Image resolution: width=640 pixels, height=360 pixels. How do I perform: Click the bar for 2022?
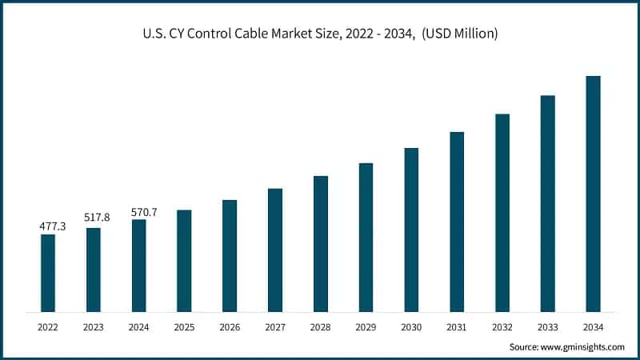[x=48, y=273]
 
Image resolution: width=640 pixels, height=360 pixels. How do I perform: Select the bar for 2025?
[x=184, y=261]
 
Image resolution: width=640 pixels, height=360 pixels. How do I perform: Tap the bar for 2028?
[x=320, y=243]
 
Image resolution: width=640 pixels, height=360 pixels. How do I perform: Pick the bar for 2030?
[x=411, y=230]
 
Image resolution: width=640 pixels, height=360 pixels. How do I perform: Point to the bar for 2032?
[x=502, y=213]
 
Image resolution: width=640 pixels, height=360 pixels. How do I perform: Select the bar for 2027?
[x=275, y=250]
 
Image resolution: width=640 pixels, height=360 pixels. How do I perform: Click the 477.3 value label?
[x=53, y=227]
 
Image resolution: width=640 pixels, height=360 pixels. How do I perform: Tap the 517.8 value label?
[x=96, y=218]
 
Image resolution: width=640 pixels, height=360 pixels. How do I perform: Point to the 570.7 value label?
[x=144, y=212]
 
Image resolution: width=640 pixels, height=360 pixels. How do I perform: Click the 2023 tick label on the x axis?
[x=94, y=327]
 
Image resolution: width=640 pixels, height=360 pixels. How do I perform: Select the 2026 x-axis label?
[x=230, y=327]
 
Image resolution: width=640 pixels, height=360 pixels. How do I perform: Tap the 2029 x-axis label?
[x=366, y=327]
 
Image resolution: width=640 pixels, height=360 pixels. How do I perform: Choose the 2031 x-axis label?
[x=457, y=327]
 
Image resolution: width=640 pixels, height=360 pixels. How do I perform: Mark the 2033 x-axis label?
[x=547, y=327]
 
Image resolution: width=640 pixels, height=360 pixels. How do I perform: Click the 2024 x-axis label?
[x=138, y=327]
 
